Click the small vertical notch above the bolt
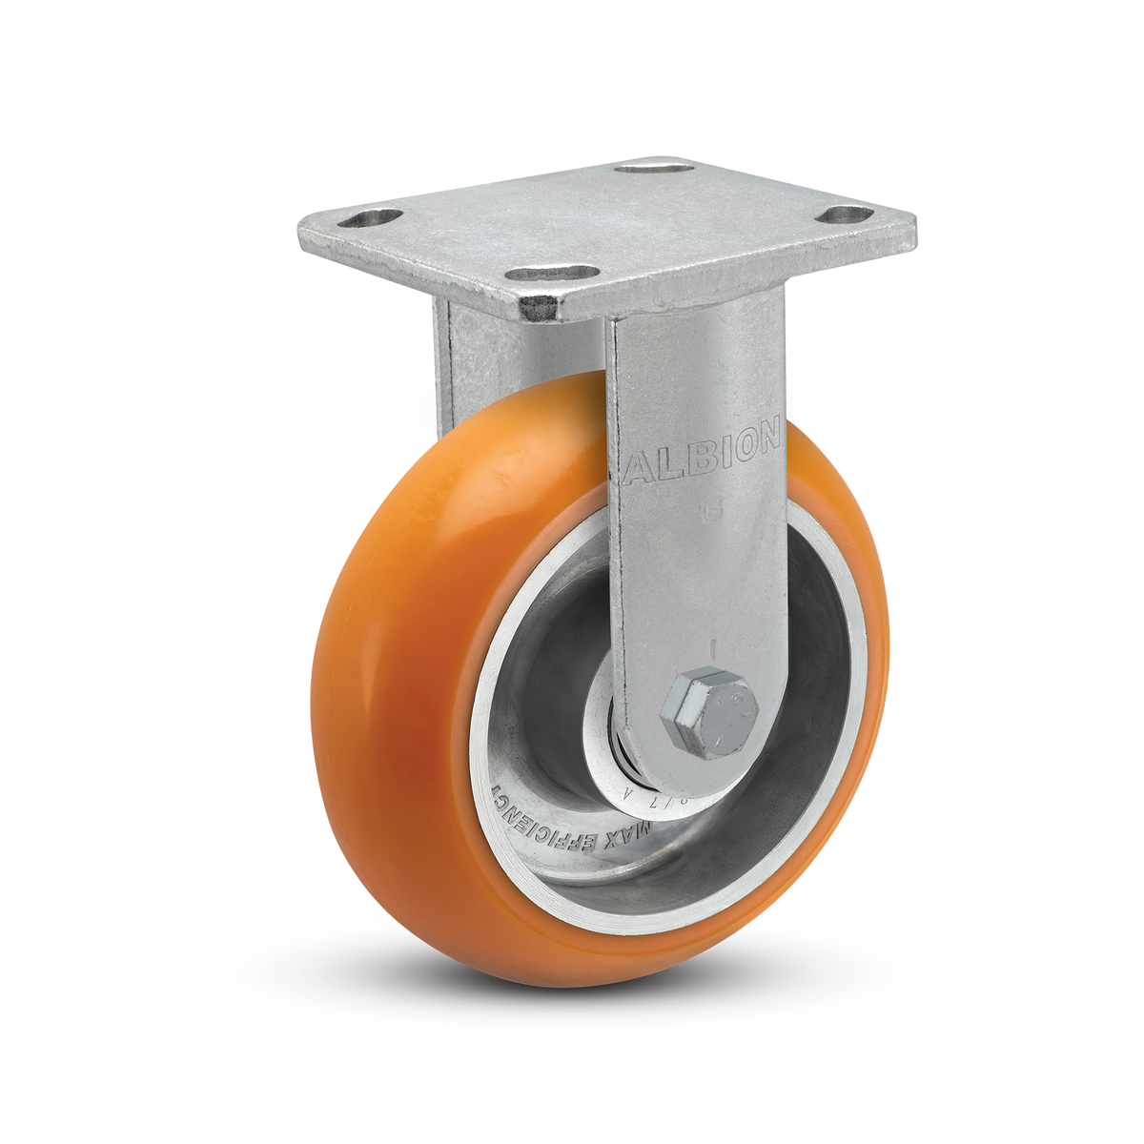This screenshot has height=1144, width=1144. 710,646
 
